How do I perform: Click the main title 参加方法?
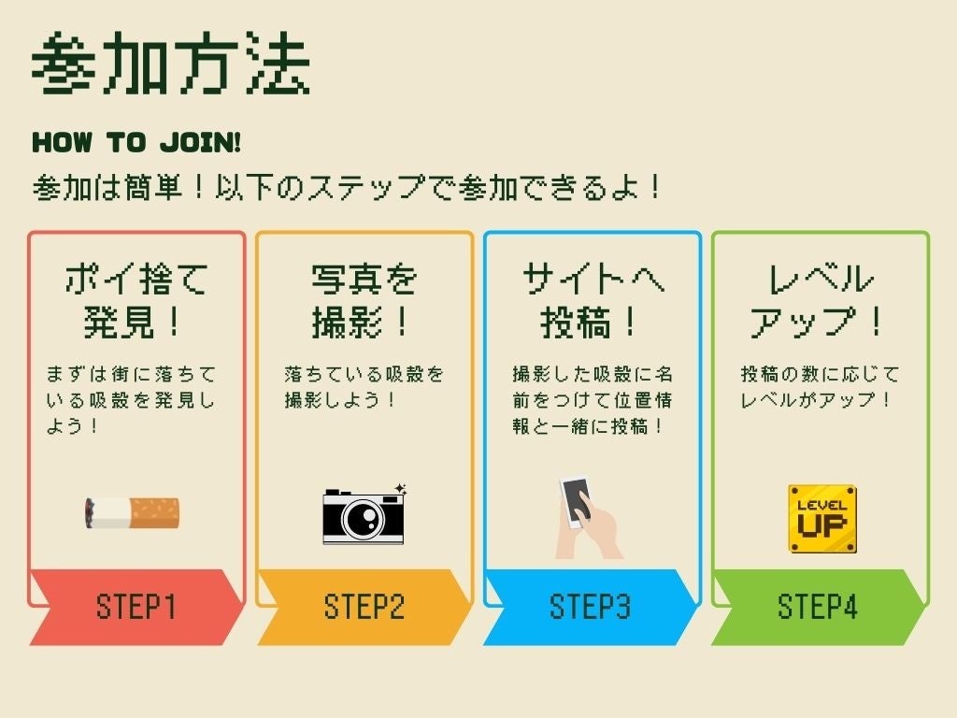171,65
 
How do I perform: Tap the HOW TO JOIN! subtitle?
136,143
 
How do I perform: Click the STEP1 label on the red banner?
136,607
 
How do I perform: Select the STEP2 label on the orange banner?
364,607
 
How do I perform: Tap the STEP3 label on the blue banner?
591,607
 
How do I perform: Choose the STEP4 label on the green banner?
818,607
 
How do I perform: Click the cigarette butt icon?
132,512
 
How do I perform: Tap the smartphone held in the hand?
577,500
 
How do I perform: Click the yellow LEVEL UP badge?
822,518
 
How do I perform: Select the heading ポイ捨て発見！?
136,300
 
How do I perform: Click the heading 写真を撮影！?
364,300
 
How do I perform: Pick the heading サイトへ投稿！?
592,300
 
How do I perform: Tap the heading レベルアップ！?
820,300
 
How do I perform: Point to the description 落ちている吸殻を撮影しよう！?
364,387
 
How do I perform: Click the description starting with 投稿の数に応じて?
820,387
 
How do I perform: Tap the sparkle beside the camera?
401,489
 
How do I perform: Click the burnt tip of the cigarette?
90,511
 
